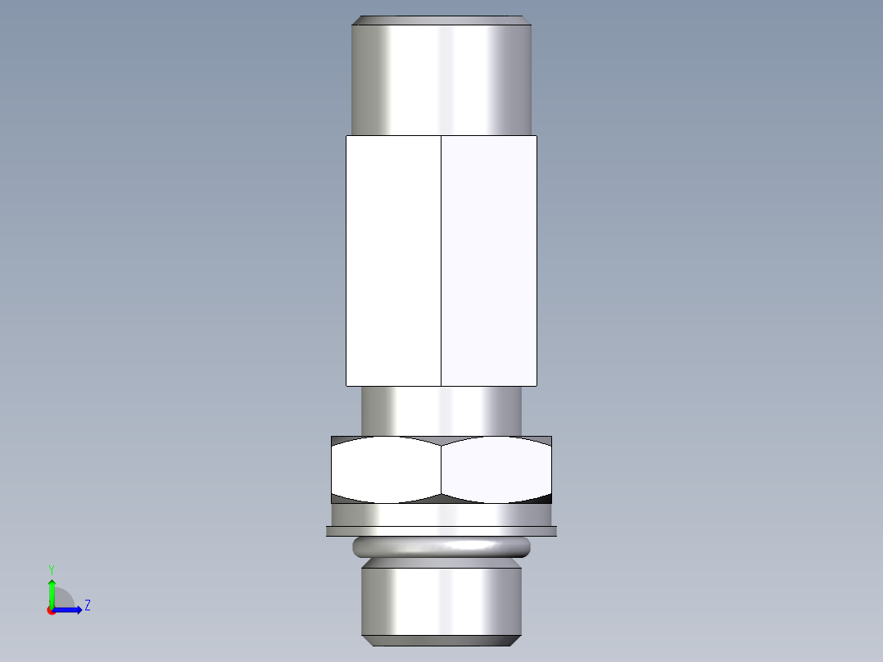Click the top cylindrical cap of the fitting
pos(442,78)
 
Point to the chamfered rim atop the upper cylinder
pos(442,20)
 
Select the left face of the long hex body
pos(393,261)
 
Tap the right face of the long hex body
pos(489,261)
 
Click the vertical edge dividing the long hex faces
pos(441,261)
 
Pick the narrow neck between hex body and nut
pos(441,410)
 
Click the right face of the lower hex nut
pos(496,469)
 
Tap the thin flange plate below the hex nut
pos(441,532)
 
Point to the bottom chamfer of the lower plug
pos(441,639)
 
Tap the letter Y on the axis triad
pos(52,569)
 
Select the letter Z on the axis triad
pos(87,605)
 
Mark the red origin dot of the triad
pos(51,610)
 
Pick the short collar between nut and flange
pos(441,515)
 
